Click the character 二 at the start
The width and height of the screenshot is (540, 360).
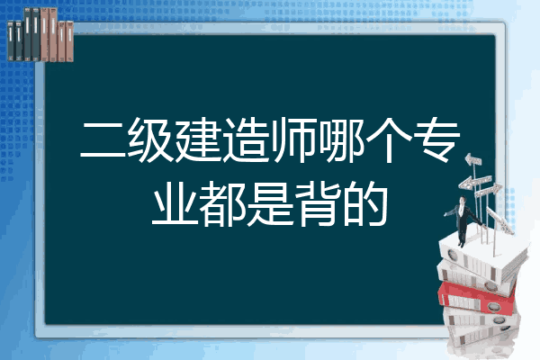click(103, 140)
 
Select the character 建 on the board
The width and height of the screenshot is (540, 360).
click(198, 139)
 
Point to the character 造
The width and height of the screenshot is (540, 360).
click(245, 139)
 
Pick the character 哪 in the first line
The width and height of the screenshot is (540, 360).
click(342, 139)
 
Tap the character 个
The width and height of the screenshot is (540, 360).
click(389, 139)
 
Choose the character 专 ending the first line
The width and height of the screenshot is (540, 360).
click(436, 139)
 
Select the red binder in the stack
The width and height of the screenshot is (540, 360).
click(477, 298)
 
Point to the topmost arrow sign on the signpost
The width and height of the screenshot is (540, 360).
click(473, 160)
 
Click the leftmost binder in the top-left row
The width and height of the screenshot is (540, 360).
click(11, 40)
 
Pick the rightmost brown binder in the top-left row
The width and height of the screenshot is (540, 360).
click(69, 41)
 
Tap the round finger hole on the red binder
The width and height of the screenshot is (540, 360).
click(493, 306)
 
